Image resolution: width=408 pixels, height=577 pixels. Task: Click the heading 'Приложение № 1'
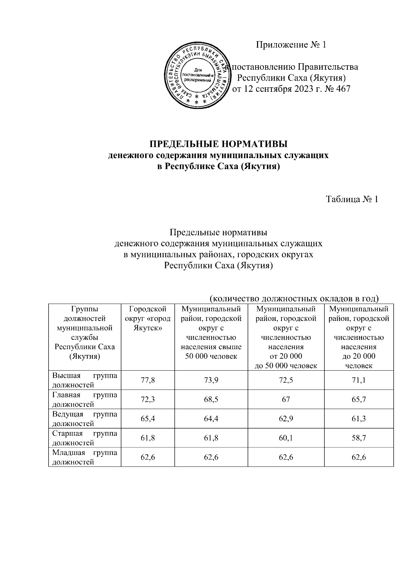click(x=291, y=45)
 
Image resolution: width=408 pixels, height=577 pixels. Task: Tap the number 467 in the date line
click(x=342, y=89)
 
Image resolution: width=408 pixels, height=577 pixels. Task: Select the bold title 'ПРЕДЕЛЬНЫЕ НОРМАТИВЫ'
click(x=219, y=144)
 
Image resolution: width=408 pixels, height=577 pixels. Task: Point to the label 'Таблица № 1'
click(x=352, y=199)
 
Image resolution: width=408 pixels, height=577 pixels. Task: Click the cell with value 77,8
click(x=148, y=380)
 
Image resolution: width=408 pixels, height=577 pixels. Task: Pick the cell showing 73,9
click(x=211, y=380)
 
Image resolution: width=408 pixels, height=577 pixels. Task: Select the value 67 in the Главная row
click(x=286, y=400)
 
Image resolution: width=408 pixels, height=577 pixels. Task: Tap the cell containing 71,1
click(x=359, y=380)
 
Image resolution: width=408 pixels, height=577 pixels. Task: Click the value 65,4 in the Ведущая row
click(x=148, y=419)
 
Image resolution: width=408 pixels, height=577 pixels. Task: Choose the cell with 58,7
click(x=359, y=438)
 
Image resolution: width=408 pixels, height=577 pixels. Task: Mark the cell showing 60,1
click(x=286, y=438)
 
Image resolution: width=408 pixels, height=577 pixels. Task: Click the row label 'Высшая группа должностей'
click(x=85, y=380)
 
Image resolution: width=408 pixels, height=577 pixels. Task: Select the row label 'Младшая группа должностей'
click(x=85, y=457)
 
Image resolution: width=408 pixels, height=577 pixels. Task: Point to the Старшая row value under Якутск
click(x=148, y=438)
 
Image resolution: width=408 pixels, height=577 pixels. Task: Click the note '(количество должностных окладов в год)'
click(x=294, y=299)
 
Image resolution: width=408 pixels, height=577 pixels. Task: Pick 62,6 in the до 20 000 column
click(x=359, y=457)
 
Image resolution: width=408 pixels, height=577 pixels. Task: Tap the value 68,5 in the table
click(x=211, y=400)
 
